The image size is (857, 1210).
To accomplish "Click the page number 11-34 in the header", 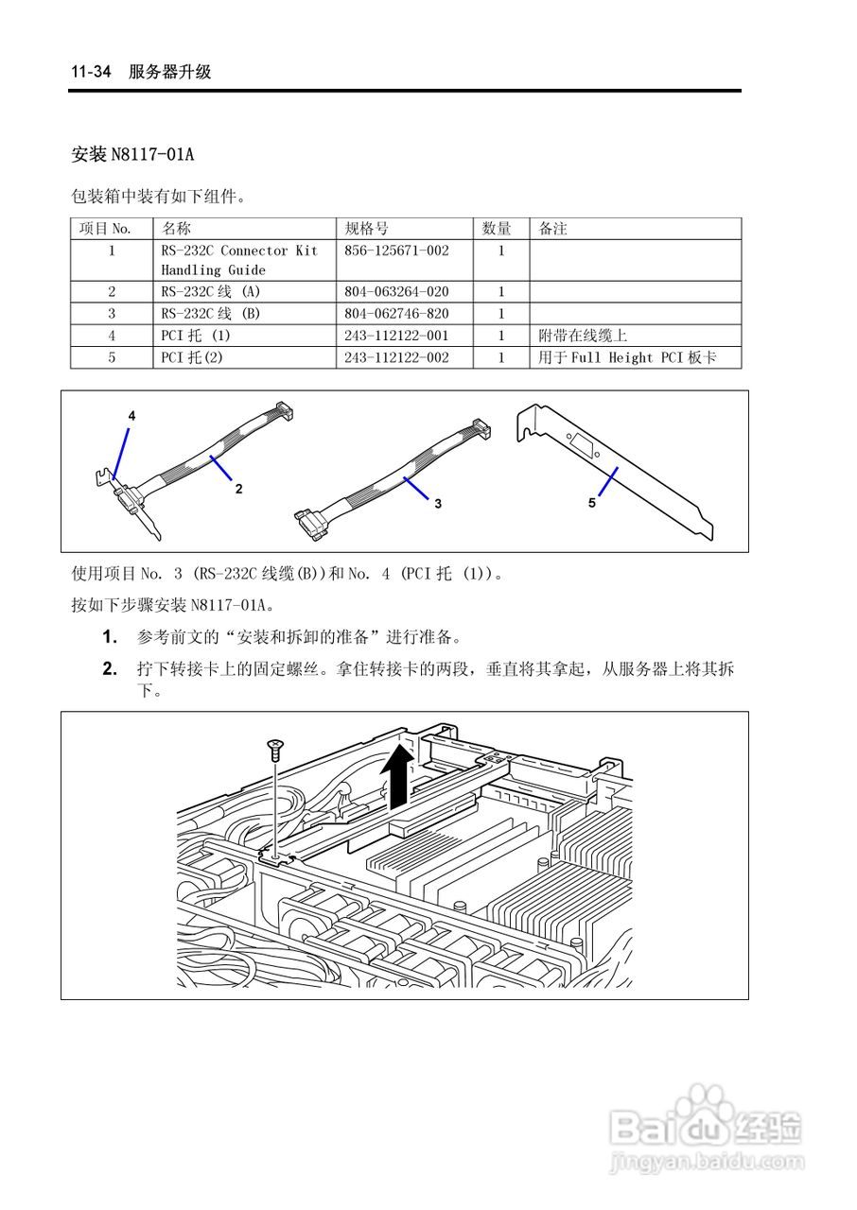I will click(x=92, y=72).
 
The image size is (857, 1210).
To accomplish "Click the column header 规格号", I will click(x=366, y=229).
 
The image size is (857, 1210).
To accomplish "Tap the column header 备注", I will click(x=552, y=229).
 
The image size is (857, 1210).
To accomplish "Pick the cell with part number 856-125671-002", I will click(x=396, y=251).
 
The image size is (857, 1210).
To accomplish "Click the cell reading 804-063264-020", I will click(x=396, y=292).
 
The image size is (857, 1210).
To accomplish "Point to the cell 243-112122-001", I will click(x=396, y=336).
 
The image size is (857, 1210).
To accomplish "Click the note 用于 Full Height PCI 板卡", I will click(x=627, y=358).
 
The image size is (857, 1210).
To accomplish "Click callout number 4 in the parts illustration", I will click(x=131, y=415).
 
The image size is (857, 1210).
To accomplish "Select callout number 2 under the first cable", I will click(x=239, y=489).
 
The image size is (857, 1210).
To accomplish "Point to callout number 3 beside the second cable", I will click(x=438, y=504).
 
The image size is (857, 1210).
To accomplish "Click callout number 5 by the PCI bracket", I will click(x=592, y=503).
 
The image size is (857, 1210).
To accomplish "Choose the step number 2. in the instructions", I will click(x=110, y=669).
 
